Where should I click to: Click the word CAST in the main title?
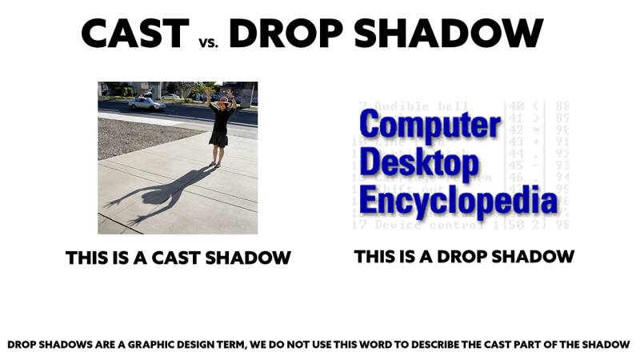point(134,33)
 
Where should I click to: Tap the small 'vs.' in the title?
point(210,38)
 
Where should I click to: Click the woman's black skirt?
point(218,137)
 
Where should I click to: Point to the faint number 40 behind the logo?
point(516,106)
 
